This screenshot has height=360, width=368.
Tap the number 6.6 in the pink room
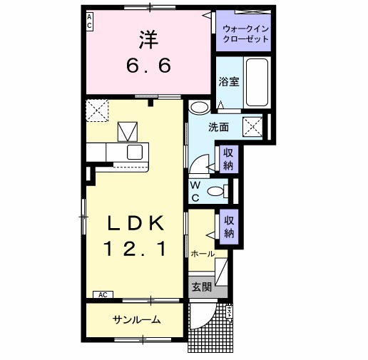tap(149, 66)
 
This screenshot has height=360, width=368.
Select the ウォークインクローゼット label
tap(246, 34)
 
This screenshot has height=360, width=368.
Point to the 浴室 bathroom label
tap(228, 82)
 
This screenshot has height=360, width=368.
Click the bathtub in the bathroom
tap(256, 82)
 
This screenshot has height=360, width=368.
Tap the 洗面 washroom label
tap(218, 128)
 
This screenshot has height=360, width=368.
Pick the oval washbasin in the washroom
tap(200, 108)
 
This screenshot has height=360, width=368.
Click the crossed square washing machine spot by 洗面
tap(254, 127)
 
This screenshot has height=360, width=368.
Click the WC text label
tap(195, 192)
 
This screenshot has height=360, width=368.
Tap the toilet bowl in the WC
tap(215, 190)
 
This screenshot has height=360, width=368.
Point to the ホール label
tap(203, 254)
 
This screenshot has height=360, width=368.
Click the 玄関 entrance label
tap(201, 287)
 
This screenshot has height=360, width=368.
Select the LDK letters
tap(136, 224)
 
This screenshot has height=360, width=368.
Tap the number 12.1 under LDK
tap(136, 249)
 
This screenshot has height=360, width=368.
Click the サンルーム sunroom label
tap(136, 319)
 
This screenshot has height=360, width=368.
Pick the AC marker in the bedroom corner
tap(90, 21)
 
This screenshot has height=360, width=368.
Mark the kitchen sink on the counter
tap(135, 152)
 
